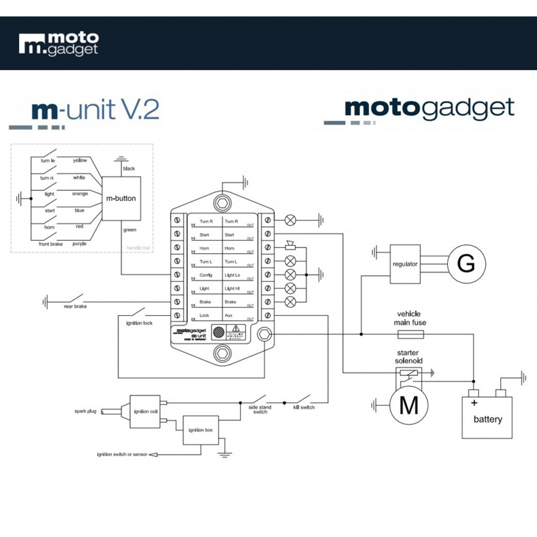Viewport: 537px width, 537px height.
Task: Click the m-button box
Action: click(x=121, y=198)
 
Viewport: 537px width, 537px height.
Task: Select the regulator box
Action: click(x=405, y=264)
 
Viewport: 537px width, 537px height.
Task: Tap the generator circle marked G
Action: click(x=466, y=264)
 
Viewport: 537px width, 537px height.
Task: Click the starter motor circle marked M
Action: click(x=408, y=406)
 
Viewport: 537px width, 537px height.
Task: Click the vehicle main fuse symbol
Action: click(x=411, y=334)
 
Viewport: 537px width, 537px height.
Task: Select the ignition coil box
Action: click(x=145, y=411)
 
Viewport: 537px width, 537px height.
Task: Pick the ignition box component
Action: click(x=200, y=430)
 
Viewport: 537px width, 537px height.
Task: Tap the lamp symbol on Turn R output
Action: click(x=290, y=220)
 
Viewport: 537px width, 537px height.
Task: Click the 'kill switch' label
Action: click(x=304, y=407)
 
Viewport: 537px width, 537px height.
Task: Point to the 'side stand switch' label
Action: click(x=260, y=410)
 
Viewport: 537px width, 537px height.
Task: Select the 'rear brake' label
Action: click(x=75, y=306)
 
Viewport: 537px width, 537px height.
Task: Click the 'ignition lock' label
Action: click(x=139, y=323)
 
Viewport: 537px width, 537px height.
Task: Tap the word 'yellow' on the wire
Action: click(x=80, y=160)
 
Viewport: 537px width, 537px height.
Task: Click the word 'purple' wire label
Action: click(x=79, y=244)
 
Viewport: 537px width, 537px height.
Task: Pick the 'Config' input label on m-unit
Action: click(x=206, y=275)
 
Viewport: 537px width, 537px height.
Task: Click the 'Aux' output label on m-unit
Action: click(x=228, y=315)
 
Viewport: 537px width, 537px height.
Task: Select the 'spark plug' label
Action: click(x=85, y=411)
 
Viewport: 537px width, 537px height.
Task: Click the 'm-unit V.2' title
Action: click(x=95, y=110)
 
